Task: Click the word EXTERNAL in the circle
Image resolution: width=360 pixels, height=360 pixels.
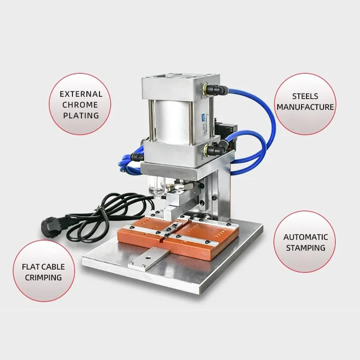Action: pos(81,94)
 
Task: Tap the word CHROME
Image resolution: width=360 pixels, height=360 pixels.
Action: pos(81,105)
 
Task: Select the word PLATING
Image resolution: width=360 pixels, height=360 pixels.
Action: pos(81,116)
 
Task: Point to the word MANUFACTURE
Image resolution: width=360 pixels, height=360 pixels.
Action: pos(305,107)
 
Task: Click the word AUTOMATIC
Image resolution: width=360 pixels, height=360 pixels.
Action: pos(305,237)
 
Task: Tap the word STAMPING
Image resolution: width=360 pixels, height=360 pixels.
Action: pos(305,248)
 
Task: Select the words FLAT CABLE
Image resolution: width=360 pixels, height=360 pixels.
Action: pos(43,267)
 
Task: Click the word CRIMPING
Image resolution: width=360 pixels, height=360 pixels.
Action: pos(43,278)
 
